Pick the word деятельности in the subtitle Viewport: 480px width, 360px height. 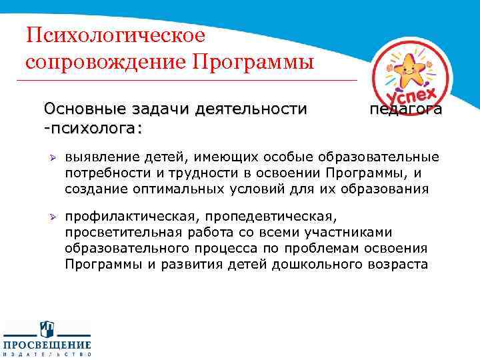click(253, 109)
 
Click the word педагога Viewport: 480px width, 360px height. click(405, 109)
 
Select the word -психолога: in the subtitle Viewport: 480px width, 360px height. click(93, 126)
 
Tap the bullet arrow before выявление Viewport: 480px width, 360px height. click(50, 158)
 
